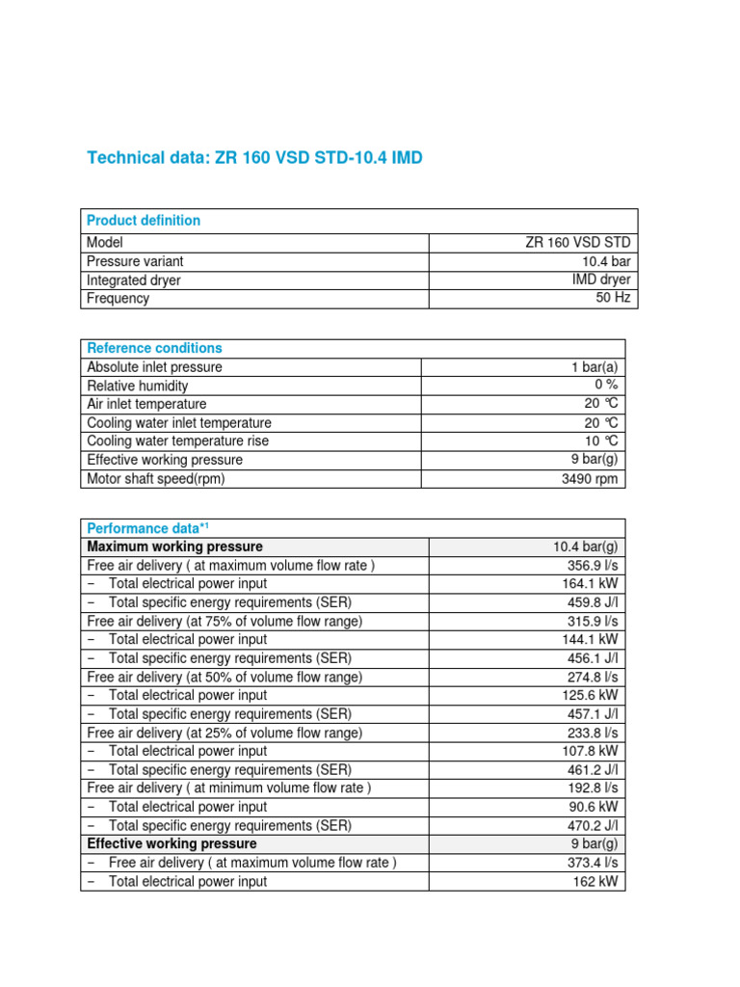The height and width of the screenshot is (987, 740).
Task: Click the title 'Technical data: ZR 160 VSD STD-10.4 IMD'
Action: point(254,157)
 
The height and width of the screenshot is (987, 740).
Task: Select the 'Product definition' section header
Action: point(144,220)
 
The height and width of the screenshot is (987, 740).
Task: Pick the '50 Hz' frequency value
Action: point(613,298)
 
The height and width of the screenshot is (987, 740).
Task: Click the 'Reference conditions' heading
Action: point(154,348)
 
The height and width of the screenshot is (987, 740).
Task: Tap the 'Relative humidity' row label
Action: point(138,386)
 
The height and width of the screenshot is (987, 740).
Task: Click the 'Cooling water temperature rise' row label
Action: point(177,440)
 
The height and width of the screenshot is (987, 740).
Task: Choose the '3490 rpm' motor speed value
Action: point(590,479)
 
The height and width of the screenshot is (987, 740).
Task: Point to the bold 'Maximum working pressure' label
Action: point(174,547)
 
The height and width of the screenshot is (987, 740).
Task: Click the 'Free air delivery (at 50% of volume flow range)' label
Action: point(225,677)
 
